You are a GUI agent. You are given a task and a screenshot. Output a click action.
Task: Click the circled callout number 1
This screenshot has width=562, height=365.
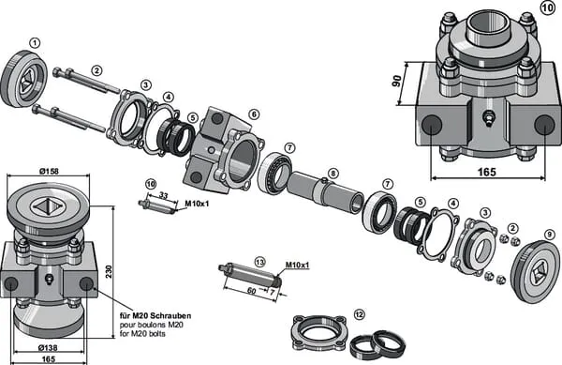(x=35, y=43)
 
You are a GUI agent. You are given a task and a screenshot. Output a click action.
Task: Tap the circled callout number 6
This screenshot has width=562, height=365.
(x=254, y=114)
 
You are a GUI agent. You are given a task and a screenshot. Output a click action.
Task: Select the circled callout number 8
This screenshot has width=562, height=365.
(x=333, y=174)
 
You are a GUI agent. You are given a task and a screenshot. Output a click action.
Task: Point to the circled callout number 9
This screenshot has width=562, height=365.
(x=549, y=235)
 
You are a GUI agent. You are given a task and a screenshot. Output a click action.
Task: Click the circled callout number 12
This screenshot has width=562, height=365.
(x=359, y=314)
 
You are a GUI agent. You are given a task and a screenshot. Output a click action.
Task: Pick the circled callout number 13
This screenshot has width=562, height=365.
(x=259, y=262)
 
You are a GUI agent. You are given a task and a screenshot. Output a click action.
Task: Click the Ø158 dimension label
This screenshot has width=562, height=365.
(x=49, y=171)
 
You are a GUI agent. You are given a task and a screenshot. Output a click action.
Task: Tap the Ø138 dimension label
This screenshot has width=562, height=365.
(x=48, y=347)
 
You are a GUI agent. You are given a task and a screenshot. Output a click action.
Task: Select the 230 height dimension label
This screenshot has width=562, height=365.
(x=109, y=271)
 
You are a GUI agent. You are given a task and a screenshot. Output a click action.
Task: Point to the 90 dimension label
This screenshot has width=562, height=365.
(x=396, y=81)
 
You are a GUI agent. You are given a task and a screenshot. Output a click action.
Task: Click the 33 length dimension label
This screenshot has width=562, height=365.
(x=163, y=195)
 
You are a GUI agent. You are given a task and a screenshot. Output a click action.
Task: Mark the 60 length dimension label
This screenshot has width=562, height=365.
(x=252, y=290)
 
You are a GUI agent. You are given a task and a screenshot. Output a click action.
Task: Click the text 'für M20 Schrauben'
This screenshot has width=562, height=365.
(x=155, y=316)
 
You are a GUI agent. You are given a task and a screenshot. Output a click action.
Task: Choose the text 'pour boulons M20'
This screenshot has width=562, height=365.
(x=151, y=325)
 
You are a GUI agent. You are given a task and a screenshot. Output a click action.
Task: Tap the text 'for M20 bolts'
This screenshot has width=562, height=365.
(x=142, y=334)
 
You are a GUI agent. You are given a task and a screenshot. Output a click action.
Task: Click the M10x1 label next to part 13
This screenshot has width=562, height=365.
(x=298, y=265)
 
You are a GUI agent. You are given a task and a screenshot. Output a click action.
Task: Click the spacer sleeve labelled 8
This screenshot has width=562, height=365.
(x=325, y=193)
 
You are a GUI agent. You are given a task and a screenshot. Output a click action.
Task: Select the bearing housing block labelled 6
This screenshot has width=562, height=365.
(x=225, y=150)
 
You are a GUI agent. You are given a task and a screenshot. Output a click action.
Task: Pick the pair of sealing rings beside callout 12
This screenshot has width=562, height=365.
(x=377, y=345)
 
